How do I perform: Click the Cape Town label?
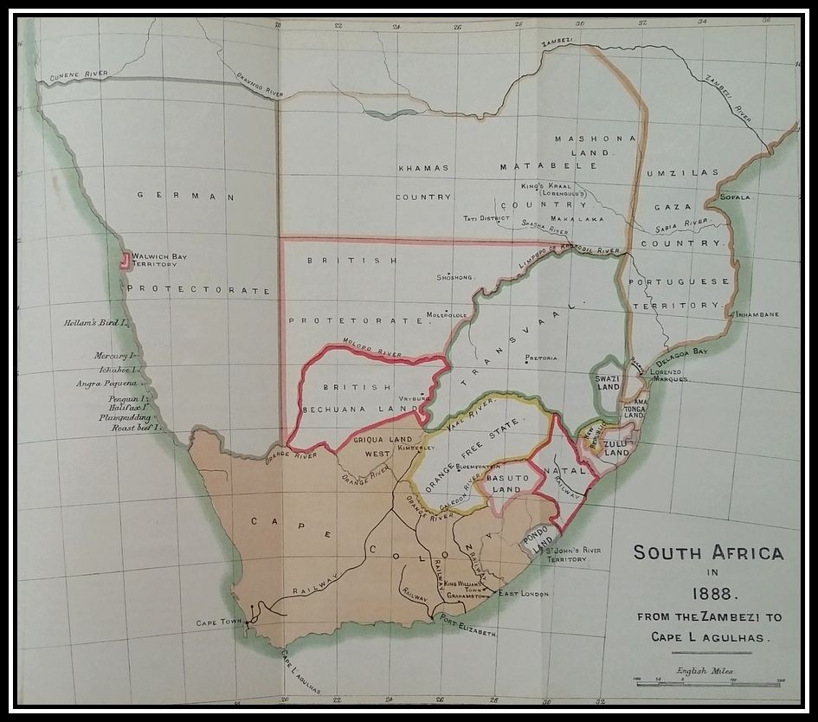pos(216,622)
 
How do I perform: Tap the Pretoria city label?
pos(541,358)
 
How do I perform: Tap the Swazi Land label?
pos(609,382)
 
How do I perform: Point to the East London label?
pos(524,594)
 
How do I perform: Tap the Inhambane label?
pos(757,314)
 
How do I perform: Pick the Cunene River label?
pos(78,74)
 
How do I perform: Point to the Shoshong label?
pos(457,278)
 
